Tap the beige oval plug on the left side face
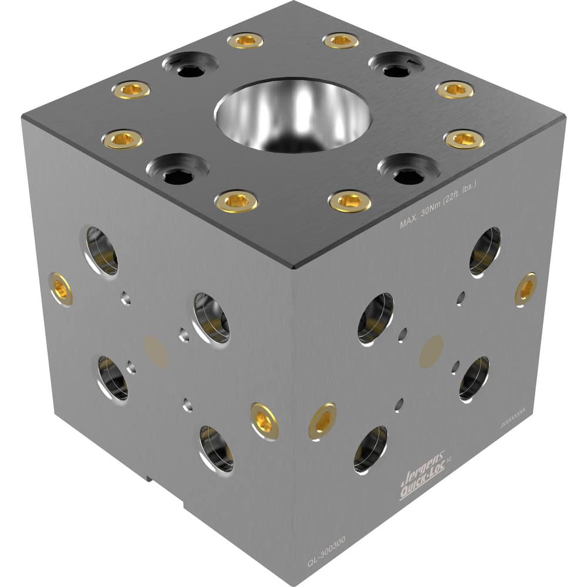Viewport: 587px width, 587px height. tap(156, 352)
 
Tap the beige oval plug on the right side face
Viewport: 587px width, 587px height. tap(431, 352)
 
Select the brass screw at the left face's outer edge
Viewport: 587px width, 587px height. tap(60, 289)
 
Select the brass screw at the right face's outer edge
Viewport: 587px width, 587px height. tap(525, 289)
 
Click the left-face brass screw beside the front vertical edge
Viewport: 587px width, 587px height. tap(264, 421)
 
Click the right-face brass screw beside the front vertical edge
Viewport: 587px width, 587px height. tap(322, 421)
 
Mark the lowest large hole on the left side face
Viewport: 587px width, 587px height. tap(216, 449)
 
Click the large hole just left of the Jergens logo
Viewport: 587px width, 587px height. tap(371, 449)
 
